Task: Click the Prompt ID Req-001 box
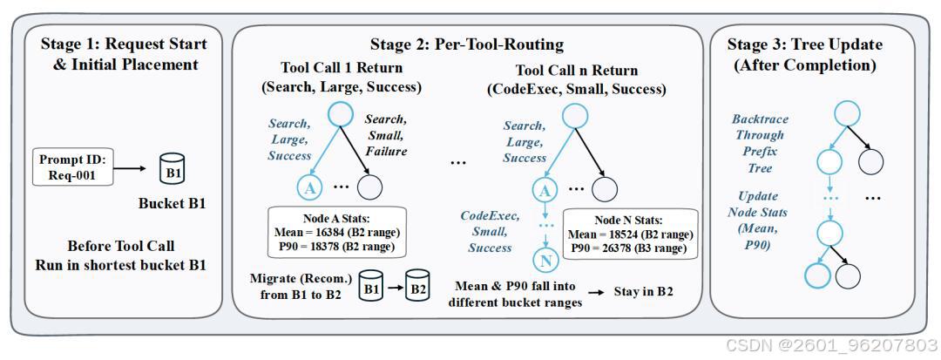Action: [72, 168]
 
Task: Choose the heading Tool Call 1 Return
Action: [342, 69]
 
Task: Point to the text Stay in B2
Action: [643, 292]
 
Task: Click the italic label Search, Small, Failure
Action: [385, 136]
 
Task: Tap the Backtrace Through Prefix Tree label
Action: [759, 143]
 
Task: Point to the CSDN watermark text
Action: [832, 345]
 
